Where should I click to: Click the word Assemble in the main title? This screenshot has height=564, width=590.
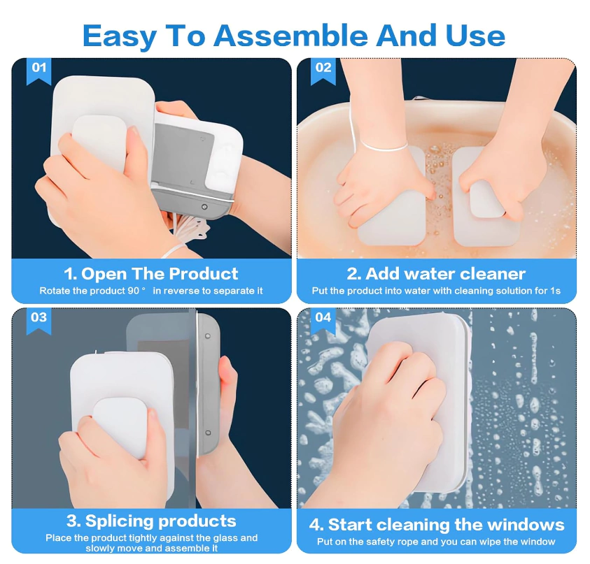click(x=290, y=36)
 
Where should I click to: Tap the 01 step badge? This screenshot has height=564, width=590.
click(x=38, y=71)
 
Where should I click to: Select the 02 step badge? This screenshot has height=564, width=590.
click(x=323, y=71)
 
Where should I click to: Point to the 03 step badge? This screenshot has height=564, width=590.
click(x=38, y=321)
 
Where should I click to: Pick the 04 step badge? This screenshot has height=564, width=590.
click(x=323, y=321)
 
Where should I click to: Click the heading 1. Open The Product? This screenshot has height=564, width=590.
click(x=151, y=273)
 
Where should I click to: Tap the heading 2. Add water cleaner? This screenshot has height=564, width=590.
click(x=436, y=273)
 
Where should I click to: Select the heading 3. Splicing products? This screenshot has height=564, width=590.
click(x=151, y=521)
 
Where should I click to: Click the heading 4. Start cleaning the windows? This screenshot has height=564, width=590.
click(x=437, y=525)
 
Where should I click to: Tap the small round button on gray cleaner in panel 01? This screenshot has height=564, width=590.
click(x=204, y=207)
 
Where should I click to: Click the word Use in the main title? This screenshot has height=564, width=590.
click(x=475, y=36)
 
